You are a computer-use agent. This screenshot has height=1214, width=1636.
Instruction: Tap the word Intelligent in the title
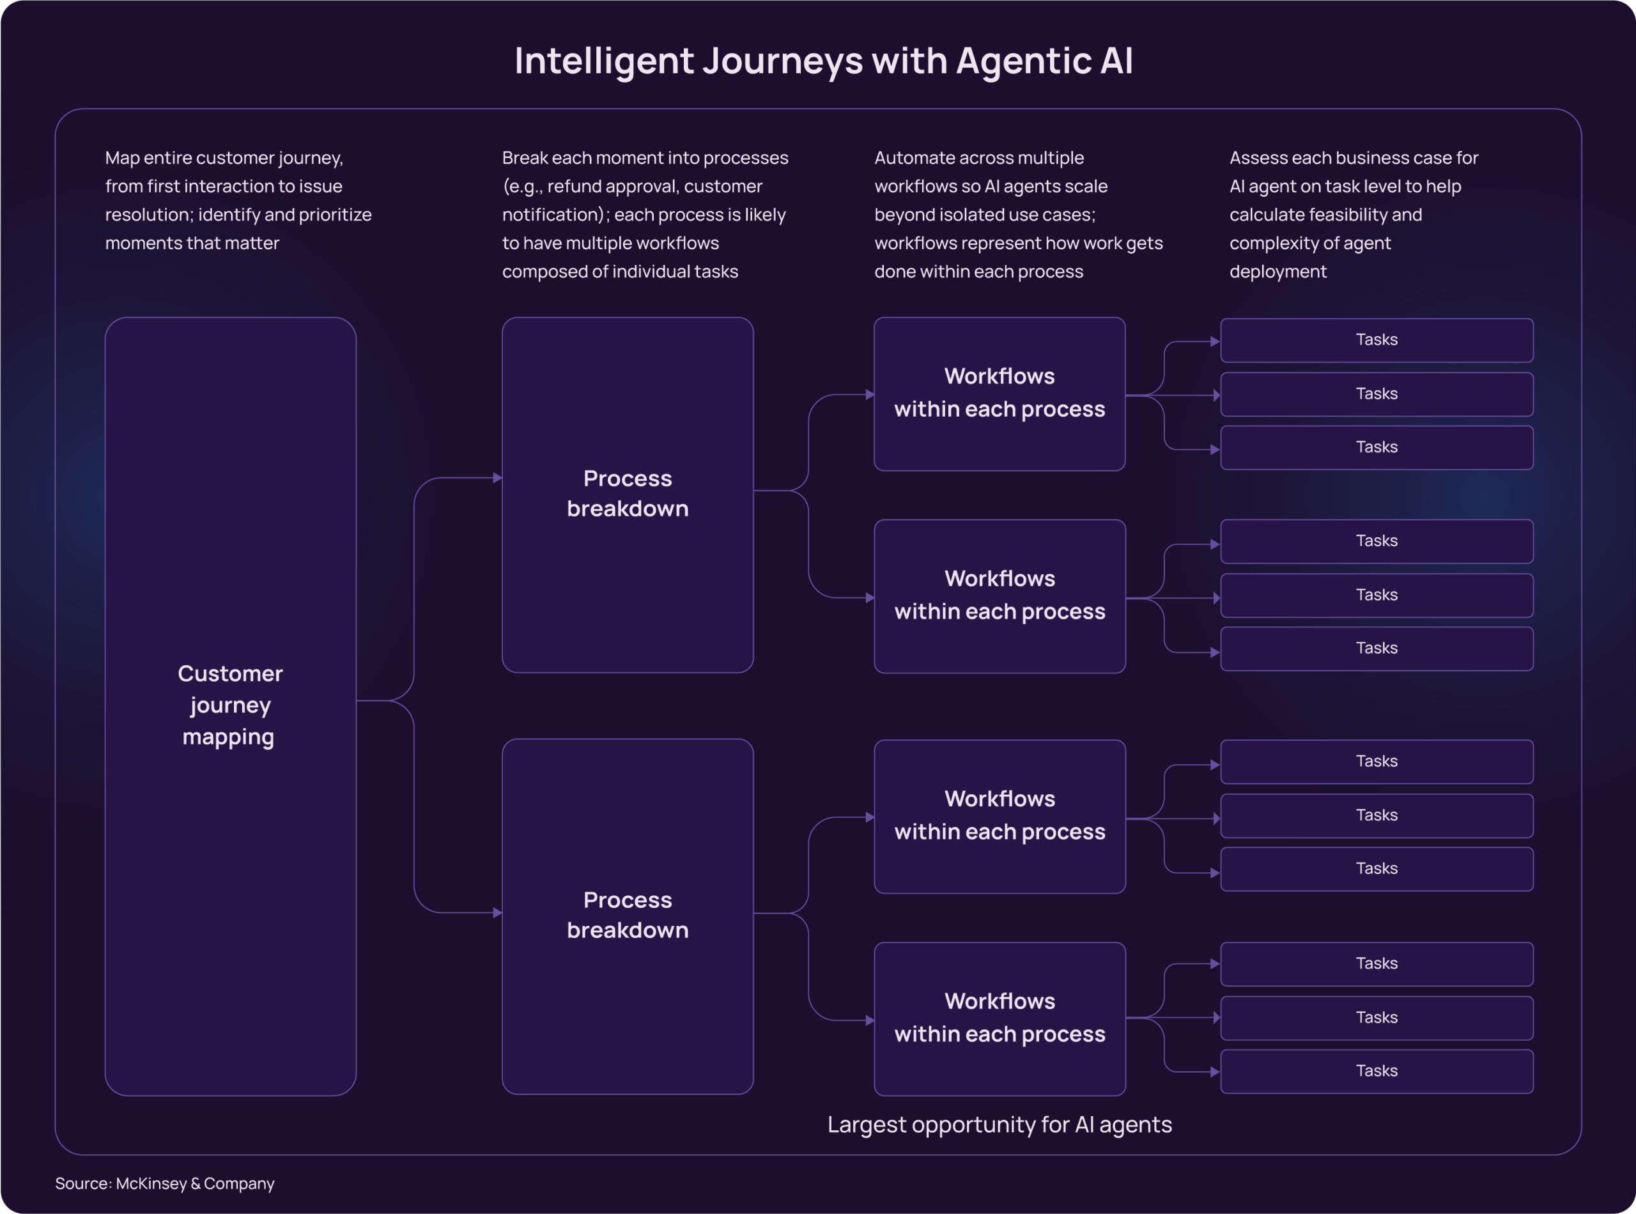603,61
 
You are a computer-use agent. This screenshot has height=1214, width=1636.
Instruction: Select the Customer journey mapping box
230,705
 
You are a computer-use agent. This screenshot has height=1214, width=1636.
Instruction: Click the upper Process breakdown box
627,494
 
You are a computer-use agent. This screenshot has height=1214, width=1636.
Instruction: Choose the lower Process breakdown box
627,916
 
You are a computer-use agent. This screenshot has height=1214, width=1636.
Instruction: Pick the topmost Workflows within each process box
999,393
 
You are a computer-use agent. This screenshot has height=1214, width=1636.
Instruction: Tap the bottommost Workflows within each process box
999,1018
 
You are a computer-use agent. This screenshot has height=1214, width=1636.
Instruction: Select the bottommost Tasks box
1376,1071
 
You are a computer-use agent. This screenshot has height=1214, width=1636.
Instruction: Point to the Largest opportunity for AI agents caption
999,1125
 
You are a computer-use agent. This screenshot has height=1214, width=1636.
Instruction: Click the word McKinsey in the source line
151,1183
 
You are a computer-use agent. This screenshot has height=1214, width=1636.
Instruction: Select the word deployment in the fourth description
1277,272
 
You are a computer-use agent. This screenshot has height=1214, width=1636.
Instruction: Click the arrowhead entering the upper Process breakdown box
498,478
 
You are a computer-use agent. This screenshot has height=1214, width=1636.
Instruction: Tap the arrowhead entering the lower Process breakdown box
498,912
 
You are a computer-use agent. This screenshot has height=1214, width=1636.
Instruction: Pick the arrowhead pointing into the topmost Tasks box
1215,342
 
